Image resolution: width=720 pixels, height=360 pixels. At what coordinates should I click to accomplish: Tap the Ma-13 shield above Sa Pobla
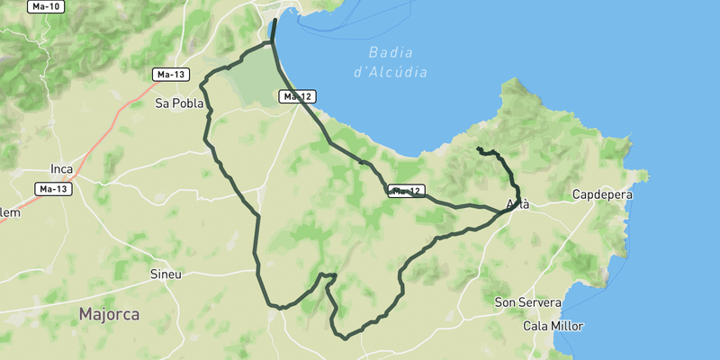[x=169, y=74]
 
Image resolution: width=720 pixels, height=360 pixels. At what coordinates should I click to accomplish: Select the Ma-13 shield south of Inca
[x=54, y=189]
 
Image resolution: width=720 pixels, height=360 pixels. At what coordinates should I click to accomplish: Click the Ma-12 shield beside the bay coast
[x=297, y=96]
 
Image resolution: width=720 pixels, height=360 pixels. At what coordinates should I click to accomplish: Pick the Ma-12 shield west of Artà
[x=406, y=191]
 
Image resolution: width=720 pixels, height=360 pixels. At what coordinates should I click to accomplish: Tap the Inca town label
[x=61, y=168]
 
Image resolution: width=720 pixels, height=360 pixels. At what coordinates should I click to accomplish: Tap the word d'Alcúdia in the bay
[x=391, y=72]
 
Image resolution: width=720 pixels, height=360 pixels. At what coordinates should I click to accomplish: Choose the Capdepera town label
[x=602, y=194]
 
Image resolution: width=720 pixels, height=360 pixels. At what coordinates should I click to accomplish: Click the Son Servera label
[x=528, y=303]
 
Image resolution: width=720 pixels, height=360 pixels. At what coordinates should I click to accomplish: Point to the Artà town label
[x=517, y=204]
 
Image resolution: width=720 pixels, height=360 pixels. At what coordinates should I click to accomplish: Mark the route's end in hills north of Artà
[x=478, y=148]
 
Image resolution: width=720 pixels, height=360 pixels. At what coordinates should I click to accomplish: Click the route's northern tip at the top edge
[x=274, y=20]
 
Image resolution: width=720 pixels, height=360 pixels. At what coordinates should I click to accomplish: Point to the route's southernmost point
[x=346, y=339]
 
